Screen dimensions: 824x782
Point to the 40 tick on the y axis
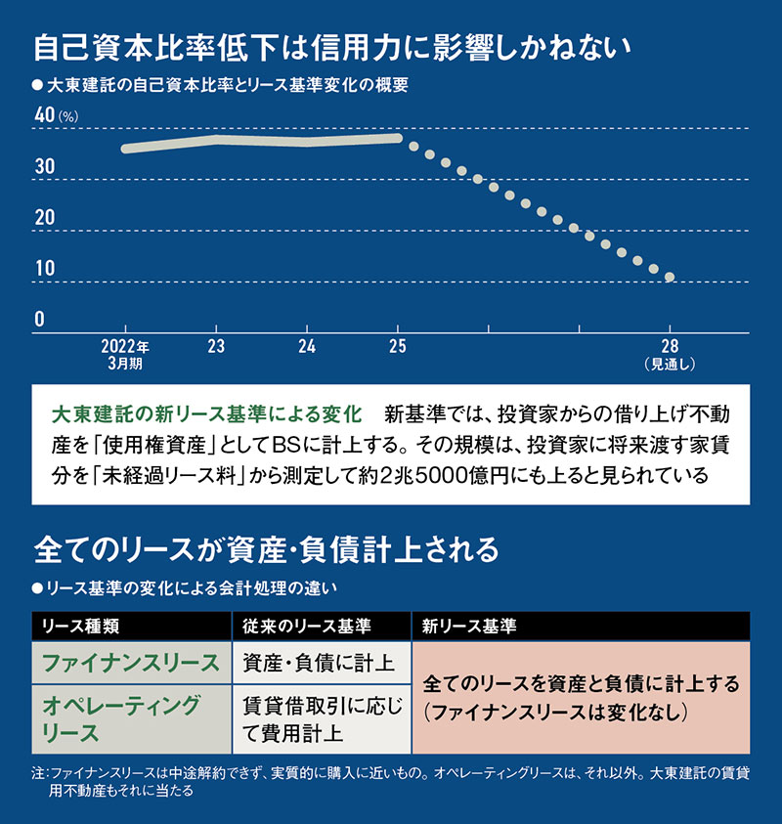point(45,115)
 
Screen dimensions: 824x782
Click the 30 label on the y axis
point(45,167)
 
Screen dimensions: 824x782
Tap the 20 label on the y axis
point(45,218)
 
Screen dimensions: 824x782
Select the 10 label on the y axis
point(45,269)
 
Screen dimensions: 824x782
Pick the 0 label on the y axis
point(40,320)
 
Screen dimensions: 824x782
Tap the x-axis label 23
point(216,346)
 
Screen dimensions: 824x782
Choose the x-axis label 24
point(307,346)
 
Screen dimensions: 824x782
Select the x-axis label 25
point(397,346)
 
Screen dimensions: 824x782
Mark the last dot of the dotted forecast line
point(670,278)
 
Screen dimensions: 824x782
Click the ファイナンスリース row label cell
point(131,663)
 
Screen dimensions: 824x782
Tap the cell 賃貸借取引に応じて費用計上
point(320,718)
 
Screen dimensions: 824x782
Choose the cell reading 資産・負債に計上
point(318,663)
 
